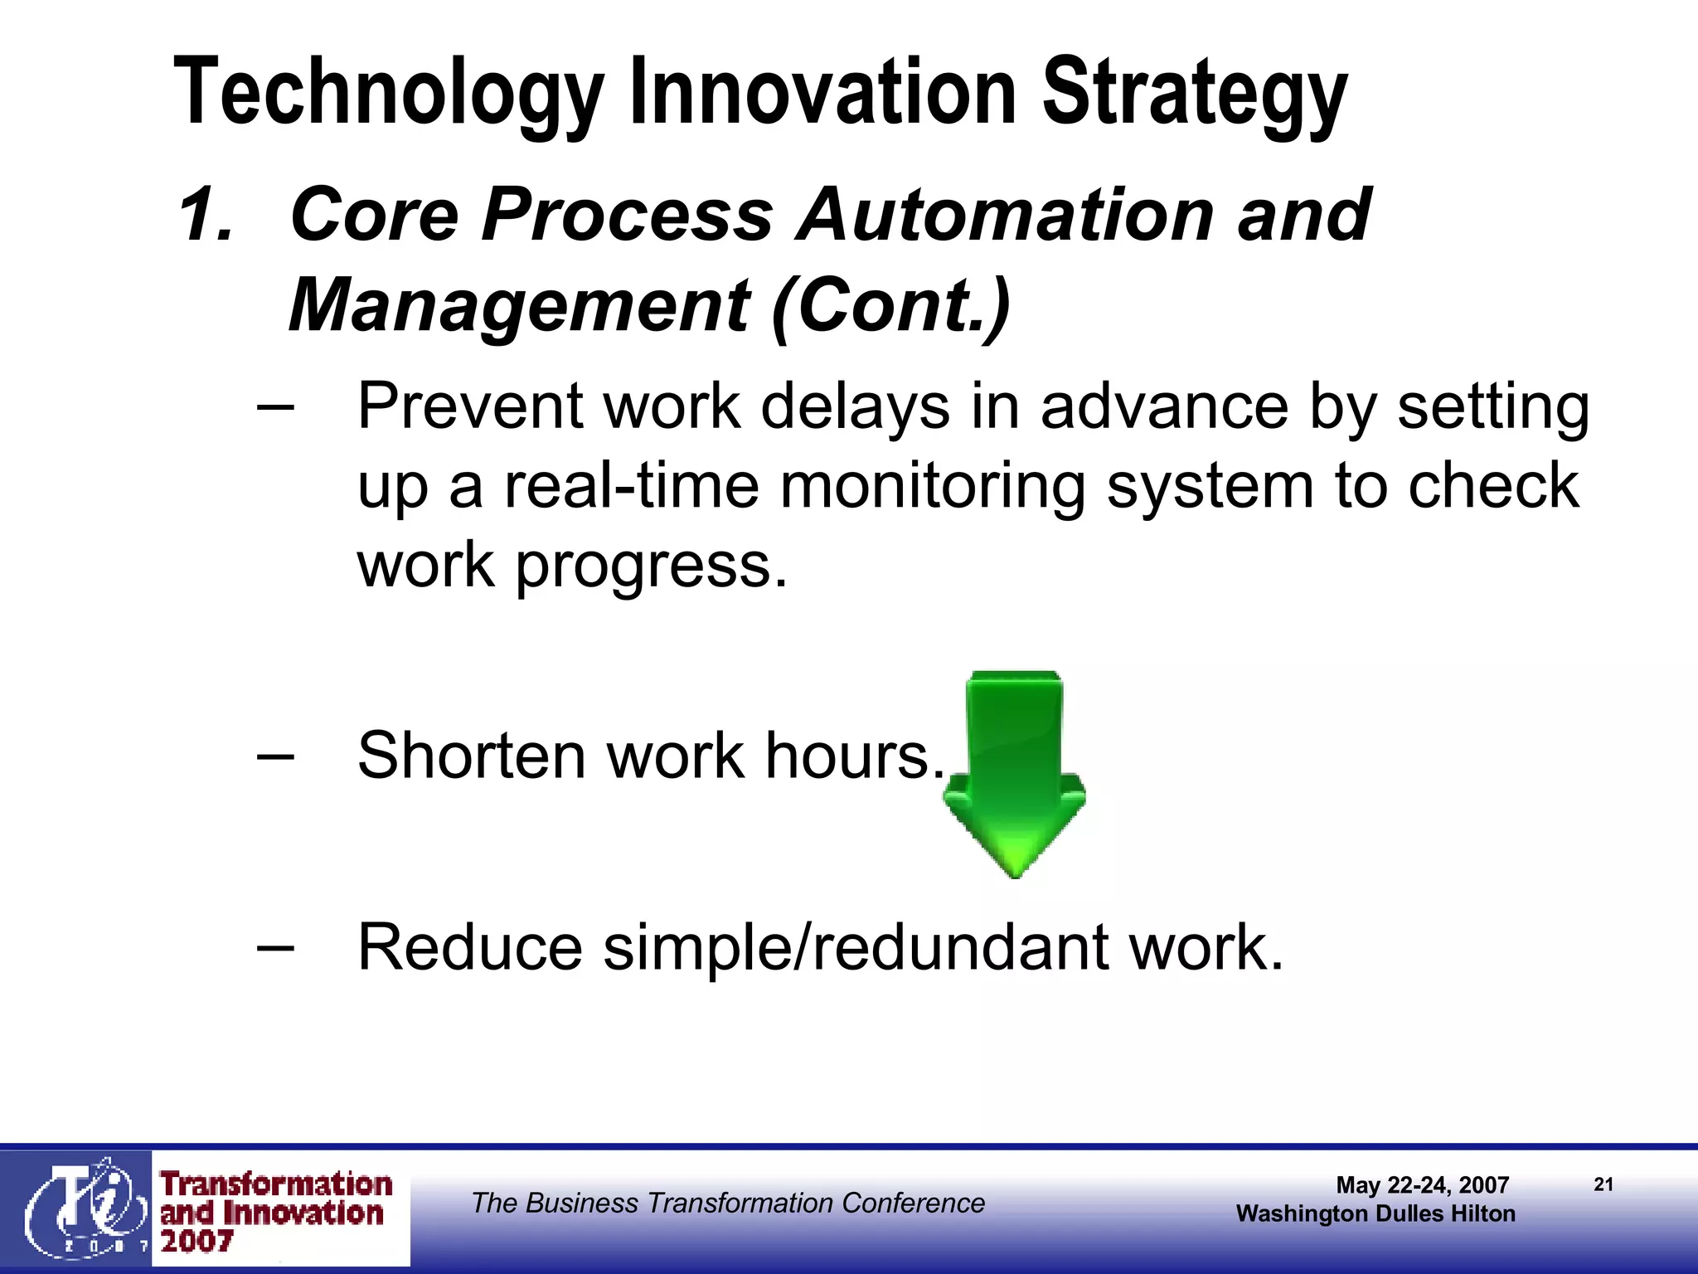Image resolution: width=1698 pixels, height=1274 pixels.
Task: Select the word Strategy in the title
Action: tap(1194, 93)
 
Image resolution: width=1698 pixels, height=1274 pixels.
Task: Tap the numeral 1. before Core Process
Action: tap(205, 216)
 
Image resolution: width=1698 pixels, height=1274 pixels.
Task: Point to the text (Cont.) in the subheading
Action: tap(890, 305)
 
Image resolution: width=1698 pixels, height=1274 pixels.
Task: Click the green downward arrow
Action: tap(1014, 771)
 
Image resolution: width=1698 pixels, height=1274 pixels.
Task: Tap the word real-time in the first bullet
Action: tap(631, 486)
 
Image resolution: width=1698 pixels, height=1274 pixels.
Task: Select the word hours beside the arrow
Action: tap(854, 756)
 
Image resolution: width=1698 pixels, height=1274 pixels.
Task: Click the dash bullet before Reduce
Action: tap(275, 948)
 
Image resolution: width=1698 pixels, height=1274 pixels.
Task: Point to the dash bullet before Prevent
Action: tap(275, 407)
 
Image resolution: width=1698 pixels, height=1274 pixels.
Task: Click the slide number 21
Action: tap(1603, 1184)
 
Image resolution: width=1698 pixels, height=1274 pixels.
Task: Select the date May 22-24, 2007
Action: tap(1422, 1185)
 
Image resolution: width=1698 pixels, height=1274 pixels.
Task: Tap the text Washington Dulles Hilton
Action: tap(1375, 1214)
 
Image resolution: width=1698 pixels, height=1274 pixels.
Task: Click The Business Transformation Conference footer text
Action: tap(728, 1203)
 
